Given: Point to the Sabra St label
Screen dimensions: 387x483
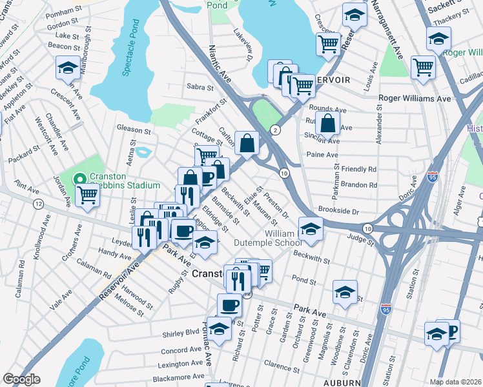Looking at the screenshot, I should pyautogui.click(x=200, y=86).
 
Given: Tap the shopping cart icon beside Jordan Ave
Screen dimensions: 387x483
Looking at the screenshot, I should pyautogui.click(x=87, y=195).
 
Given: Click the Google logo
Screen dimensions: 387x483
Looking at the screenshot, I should pyautogui.click(x=21, y=380).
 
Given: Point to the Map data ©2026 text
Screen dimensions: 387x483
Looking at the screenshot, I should pyautogui.click(x=455, y=382).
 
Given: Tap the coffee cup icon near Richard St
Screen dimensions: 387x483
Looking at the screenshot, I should pyautogui.click(x=229, y=304).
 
